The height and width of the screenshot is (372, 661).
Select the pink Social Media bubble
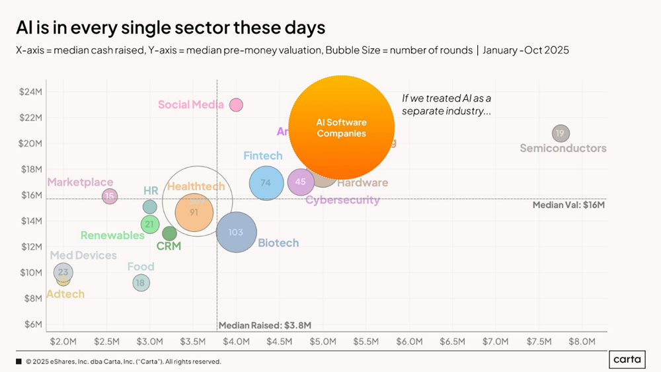[236, 104]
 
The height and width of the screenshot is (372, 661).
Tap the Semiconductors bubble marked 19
[561, 133]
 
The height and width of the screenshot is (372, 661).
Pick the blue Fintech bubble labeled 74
[266, 183]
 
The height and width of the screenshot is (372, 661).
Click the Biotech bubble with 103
[236, 232]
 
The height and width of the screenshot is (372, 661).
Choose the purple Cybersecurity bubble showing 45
[301, 182]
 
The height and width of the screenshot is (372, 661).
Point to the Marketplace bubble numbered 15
[110, 196]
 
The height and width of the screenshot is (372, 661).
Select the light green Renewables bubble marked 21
[150, 225]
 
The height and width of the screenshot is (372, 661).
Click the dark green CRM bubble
[169, 233]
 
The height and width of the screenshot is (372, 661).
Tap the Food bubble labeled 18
[140, 283]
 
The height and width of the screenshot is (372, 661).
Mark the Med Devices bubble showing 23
[63, 272]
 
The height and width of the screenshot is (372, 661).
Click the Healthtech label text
[196, 186]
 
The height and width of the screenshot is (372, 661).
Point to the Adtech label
[65, 294]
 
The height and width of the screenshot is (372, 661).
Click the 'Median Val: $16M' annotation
[568, 205]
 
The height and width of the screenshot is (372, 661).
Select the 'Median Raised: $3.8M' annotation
[264, 325]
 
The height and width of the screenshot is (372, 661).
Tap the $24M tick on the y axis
[30, 92]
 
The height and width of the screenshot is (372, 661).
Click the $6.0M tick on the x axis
[408, 342]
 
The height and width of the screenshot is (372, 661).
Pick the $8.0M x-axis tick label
[582, 342]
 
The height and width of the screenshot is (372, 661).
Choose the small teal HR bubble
[150, 207]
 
